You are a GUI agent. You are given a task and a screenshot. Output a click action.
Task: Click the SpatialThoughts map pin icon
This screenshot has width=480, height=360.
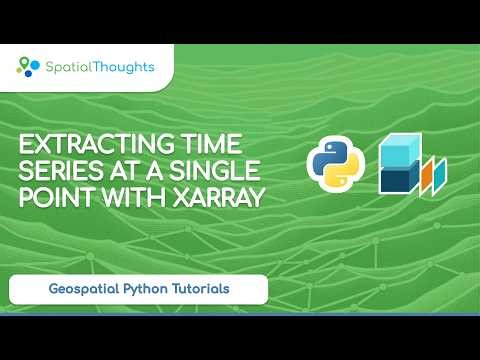27,67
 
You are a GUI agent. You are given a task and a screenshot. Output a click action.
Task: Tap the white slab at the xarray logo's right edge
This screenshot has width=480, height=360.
440,173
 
